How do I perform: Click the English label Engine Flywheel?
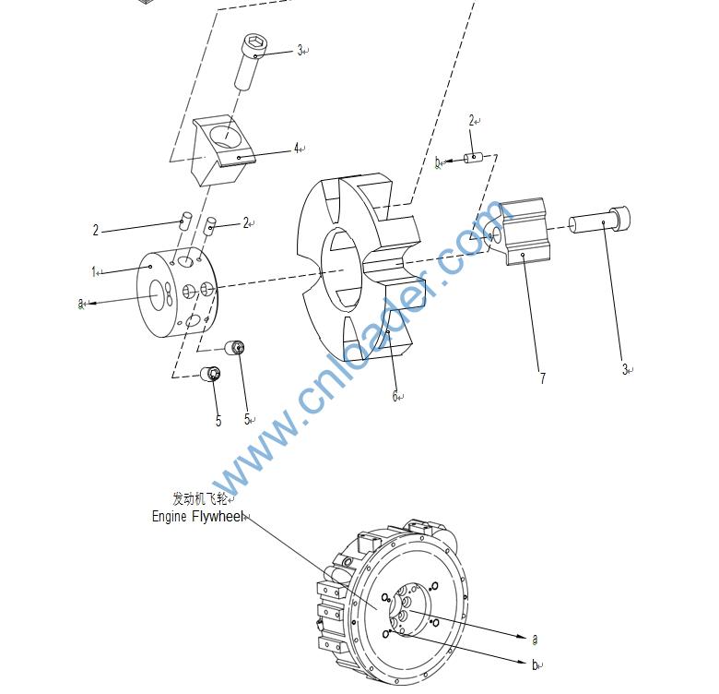point(197,517)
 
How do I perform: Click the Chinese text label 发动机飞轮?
point(197,499)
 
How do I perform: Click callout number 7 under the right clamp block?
point(542,378)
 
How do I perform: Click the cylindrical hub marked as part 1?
point(175,295)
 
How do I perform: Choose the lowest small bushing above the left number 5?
point(212,374)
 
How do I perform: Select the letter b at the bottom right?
point(536,664)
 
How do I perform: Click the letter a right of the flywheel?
point(535,639)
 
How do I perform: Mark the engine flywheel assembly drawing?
point(406,600)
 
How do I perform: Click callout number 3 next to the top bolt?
point(301,51)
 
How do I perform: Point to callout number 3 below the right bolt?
point(625,370)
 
